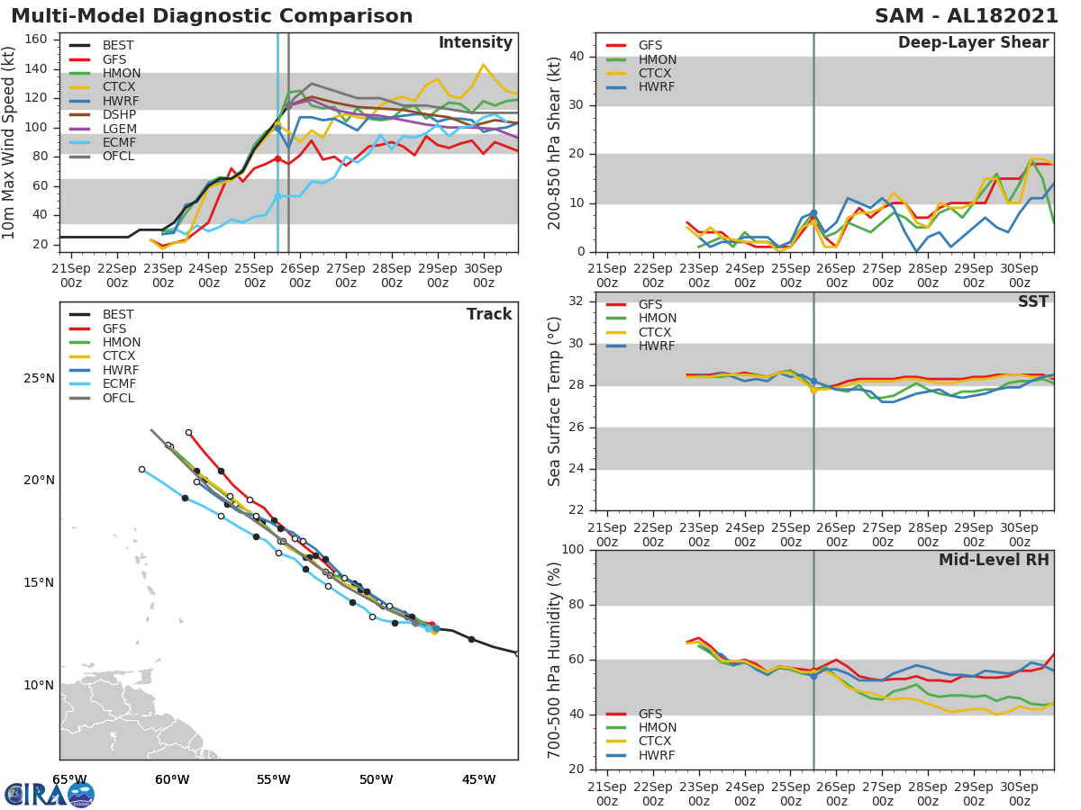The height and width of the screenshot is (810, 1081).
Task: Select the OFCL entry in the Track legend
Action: pyautogui.click(x=118, y=399)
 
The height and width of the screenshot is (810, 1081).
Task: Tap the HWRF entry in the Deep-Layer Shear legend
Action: pyautogui.click(x=656, y=87)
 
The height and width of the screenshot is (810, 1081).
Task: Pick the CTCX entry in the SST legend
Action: pyautogui.click(x=656, y=332)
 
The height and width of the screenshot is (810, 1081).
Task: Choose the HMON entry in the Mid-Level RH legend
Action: pyautogui.click(x=657, y=728)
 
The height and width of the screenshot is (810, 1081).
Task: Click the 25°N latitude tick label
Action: pyautogui.click(x=39, y=378)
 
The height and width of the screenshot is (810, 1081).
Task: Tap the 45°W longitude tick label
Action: pyautogui.click(x=478, y=779)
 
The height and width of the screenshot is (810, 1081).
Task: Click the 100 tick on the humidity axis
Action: pyautogui.click(x=573, y=550)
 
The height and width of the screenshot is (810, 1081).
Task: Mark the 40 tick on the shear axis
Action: pyautogui.click(x=577, y=57)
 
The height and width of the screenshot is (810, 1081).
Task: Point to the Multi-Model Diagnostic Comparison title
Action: pyautogui.click(x=212, y=16)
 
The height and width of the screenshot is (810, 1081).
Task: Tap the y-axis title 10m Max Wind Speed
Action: pyautogui.click(x=10, y=144)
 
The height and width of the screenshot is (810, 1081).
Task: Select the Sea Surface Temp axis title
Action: pyautogui.click(x=556, y=402)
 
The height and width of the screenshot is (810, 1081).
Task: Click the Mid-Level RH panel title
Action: pyautogui.click(x=994, y=561)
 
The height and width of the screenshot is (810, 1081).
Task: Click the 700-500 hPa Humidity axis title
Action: pyautogui.click(x=556, y=659)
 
